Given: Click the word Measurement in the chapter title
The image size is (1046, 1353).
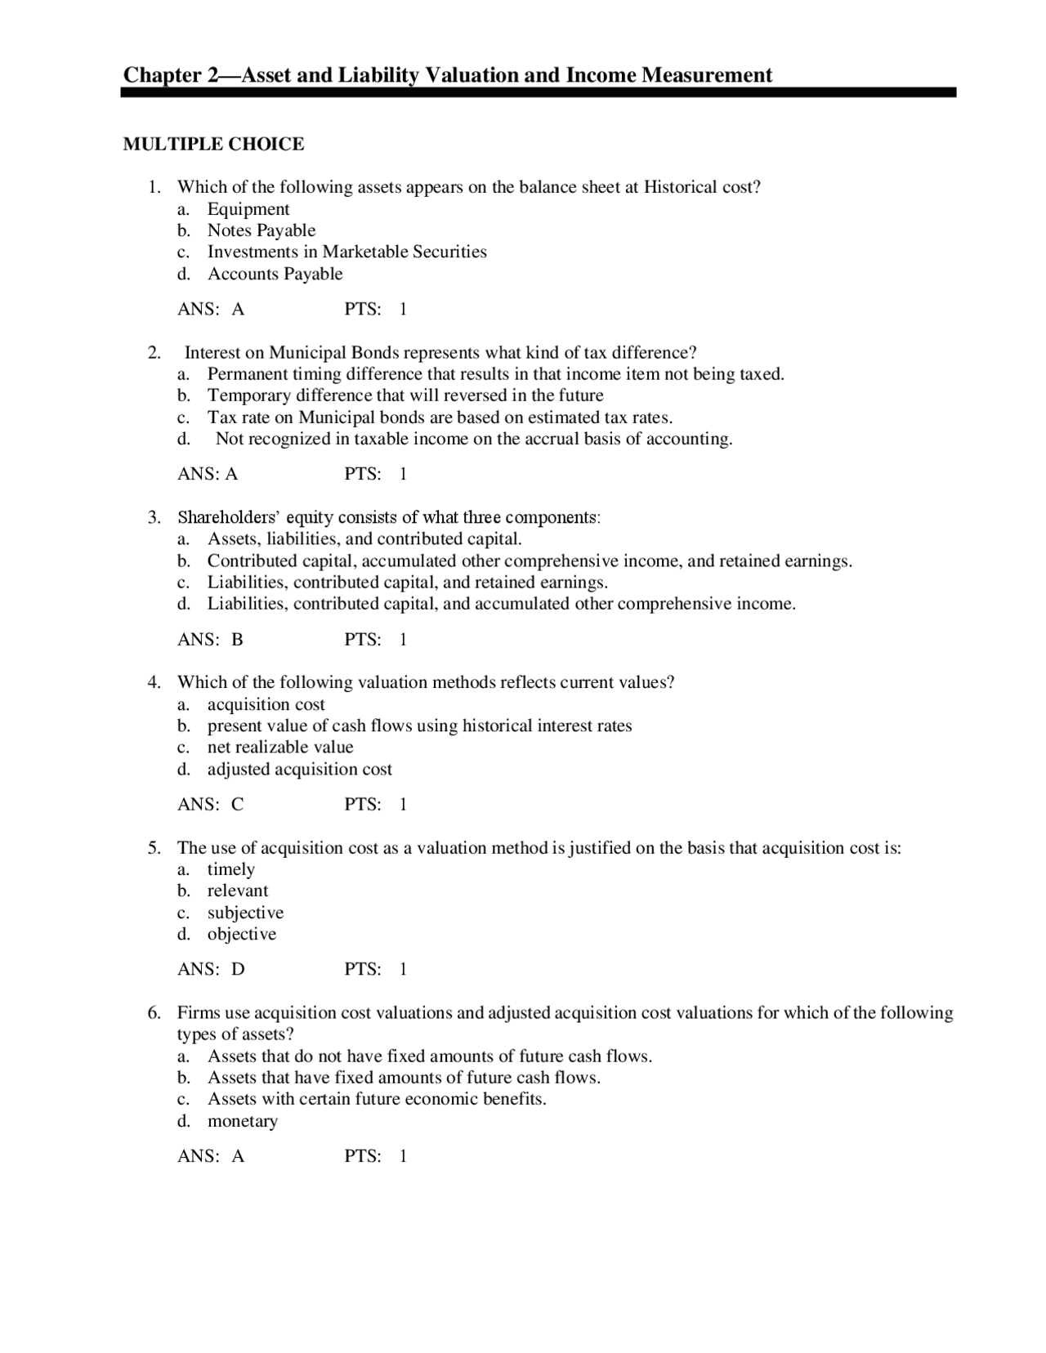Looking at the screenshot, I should [706, 75].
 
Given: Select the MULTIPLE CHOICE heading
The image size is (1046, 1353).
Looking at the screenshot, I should [213, 145].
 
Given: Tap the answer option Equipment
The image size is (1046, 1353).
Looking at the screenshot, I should [248, 209].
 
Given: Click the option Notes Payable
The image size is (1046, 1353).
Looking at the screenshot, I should [261, 230].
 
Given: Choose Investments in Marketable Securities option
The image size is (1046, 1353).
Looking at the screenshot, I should [346, 252].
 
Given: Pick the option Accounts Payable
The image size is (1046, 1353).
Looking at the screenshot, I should [275, 274].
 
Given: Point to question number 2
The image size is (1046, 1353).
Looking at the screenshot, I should [154, 353].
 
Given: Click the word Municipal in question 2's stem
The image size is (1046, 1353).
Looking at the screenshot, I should [308, 353].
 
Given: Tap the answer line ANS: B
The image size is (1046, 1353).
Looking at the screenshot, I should [210, 640].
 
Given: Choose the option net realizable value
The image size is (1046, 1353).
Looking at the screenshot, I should [280, 747].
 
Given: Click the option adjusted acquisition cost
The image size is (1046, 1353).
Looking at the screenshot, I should [299, 769].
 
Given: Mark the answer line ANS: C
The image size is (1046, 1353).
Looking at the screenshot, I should [210, 805].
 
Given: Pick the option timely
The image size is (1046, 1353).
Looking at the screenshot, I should [230, 869].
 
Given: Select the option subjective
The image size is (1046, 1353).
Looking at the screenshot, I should [245, 913].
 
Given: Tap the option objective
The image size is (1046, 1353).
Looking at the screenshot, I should [241, 934].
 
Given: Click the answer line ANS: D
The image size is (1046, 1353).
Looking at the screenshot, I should [211, 970].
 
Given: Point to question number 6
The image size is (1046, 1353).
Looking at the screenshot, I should [154, 1013].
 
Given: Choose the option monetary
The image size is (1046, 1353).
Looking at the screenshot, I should [242, 1121].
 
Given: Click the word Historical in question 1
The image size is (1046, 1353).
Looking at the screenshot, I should [681, 187].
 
